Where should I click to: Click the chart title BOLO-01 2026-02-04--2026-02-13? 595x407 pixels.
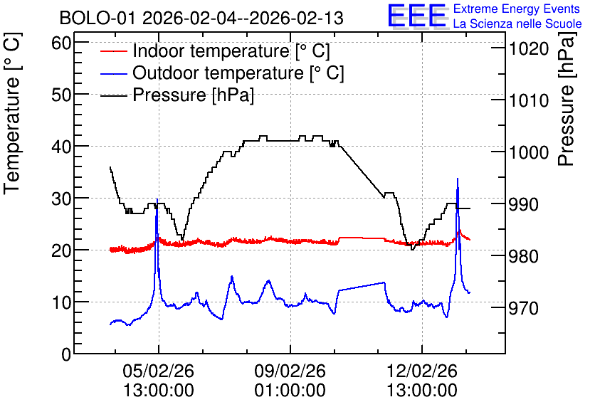pos(201,18)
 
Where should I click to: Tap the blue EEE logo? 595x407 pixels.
pos(416,16)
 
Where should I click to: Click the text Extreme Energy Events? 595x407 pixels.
pos(517,9)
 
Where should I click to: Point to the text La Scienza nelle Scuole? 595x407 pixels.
pos(517,24)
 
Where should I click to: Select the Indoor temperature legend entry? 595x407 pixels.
pos(215,51)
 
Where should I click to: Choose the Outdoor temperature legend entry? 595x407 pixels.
pos(222,73)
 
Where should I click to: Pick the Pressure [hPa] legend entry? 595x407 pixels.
pos(177,95)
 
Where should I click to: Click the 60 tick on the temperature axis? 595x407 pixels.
pos(61,43)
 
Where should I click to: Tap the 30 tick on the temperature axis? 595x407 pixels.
pos(61,199)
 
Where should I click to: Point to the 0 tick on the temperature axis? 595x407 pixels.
pos(66,354)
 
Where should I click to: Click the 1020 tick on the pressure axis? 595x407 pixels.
pos(529,48)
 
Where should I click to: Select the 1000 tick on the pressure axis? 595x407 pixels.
pos(529,152)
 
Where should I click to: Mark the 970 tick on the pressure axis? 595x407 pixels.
pos(523,308)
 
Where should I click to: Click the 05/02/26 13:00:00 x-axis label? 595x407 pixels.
pos(158,381)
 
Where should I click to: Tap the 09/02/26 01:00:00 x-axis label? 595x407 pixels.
pos(290,381)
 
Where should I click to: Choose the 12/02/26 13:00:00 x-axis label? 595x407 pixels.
pos(422,381)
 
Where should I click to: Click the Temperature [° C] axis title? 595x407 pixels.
pos(13,114)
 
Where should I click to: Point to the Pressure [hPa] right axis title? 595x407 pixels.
pos(567,99)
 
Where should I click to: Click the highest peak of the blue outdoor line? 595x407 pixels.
pos(457,179)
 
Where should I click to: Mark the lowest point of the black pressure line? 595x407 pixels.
pos(411,249)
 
